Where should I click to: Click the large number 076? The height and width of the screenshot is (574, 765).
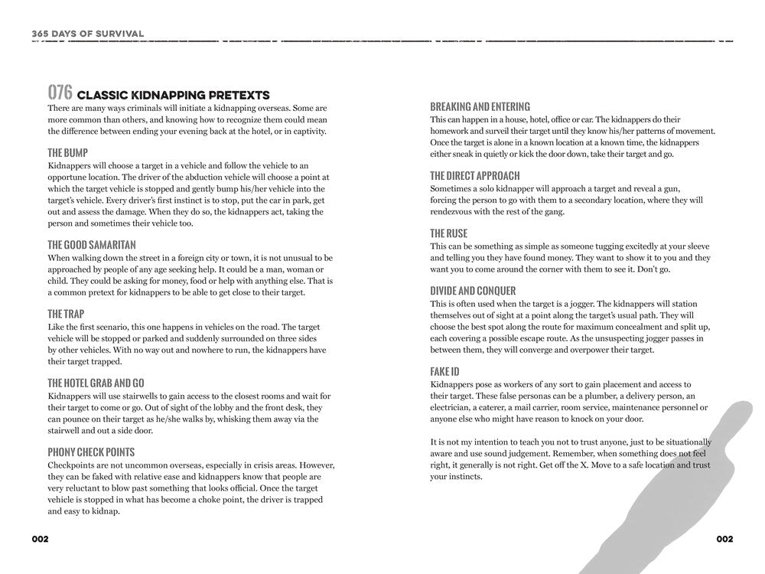[60, 93]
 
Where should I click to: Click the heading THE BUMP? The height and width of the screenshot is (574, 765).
[67, 152]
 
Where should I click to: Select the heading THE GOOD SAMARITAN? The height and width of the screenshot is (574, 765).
[92, 245]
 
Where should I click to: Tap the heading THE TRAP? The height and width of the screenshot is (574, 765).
[66, 314]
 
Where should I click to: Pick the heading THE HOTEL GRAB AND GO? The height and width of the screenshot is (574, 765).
[96, 383]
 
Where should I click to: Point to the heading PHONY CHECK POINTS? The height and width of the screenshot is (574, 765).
[91, 452]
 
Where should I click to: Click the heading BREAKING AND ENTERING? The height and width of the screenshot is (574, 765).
[480, 106]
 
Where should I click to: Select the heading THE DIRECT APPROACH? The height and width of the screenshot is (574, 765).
[475, 175]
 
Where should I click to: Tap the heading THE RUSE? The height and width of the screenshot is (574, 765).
[449, 233]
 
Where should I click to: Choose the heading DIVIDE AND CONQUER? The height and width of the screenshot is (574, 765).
[473, 291]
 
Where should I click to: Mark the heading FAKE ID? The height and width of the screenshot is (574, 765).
[444, 371]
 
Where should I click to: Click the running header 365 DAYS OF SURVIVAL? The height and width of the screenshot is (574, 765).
[88, 33]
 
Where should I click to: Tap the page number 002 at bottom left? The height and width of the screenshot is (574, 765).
[41, 539]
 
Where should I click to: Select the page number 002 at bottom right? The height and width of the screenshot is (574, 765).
[724, 539]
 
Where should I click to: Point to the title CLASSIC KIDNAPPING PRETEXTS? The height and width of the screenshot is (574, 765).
[174, 96]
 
